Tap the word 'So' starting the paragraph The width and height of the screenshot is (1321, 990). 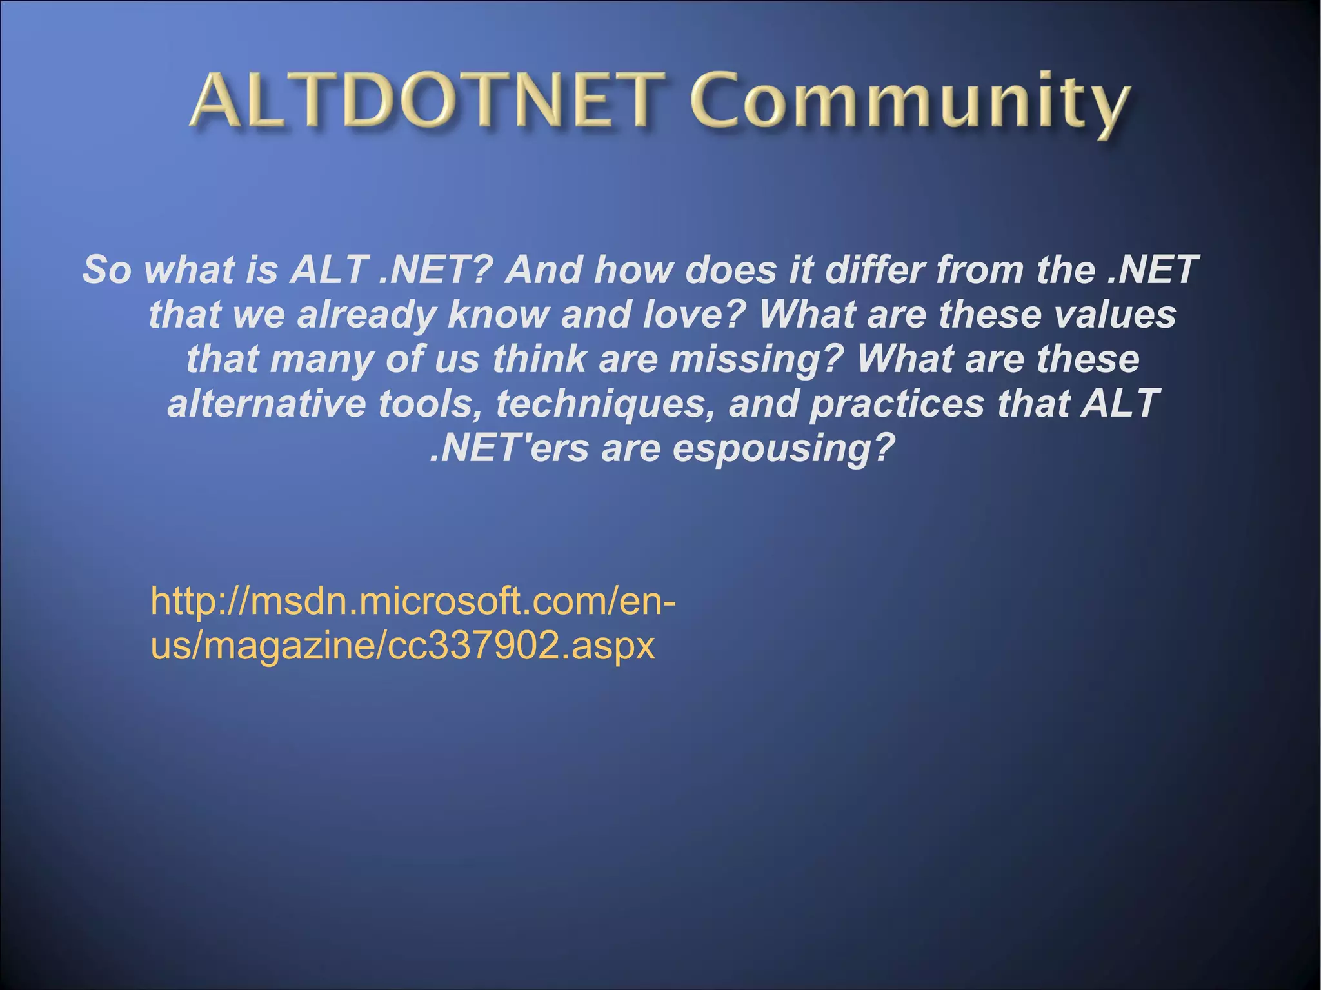click(x=106, y=270)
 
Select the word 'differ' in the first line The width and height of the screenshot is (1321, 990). click(x=873, y=270)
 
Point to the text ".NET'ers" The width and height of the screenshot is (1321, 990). click(x=509, y=448)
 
